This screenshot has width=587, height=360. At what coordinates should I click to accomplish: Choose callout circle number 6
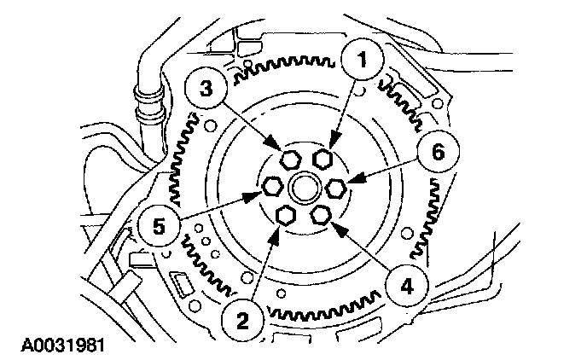438,154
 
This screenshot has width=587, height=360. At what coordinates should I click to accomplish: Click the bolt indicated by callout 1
322,159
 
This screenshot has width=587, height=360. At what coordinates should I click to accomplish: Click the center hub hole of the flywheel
304,187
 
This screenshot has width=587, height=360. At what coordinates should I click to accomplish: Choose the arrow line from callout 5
218,207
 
